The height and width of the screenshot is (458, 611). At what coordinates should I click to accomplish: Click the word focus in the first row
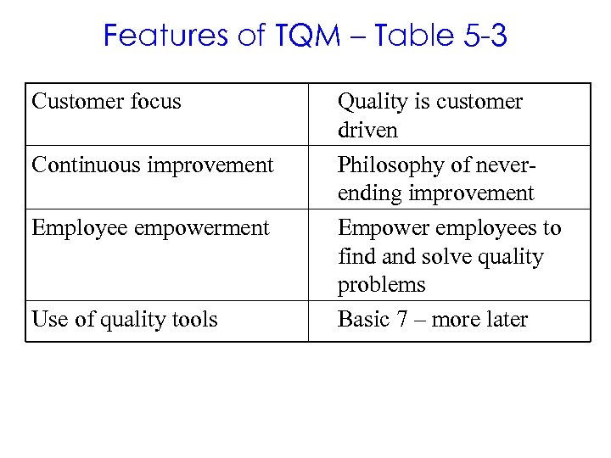click(155, 102)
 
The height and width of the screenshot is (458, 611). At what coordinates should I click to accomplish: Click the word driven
click(367, 131)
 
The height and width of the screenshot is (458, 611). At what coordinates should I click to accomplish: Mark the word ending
click(369, 193)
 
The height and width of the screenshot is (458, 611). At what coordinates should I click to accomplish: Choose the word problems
click(381, 285)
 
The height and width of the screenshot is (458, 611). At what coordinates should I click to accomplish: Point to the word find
click(353, 256)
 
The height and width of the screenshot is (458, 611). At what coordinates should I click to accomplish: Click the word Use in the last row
click(47, 320)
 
